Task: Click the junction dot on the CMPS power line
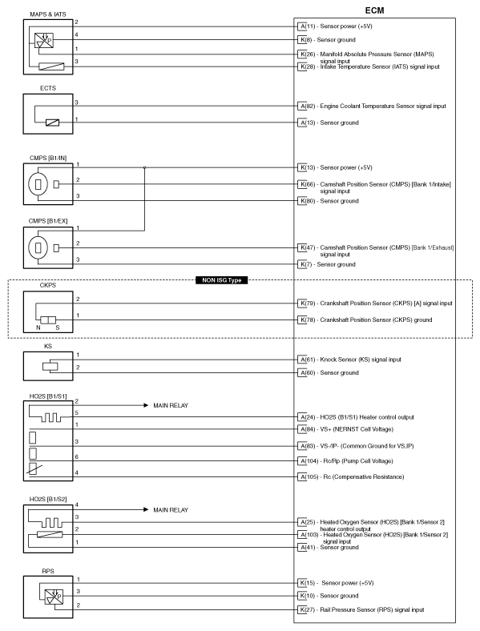(x=145, y=168)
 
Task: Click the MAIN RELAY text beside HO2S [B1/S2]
(x=171, y=509)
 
